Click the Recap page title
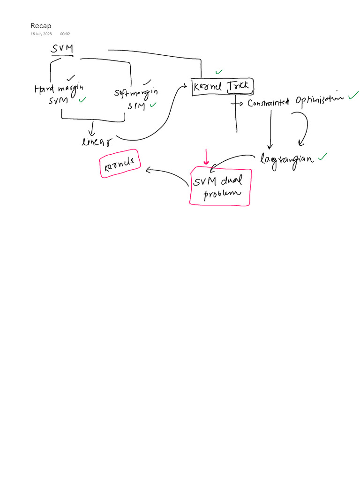[x=41, y=26]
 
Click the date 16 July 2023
[x=41, y=34]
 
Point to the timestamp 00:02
[x=65, y=34]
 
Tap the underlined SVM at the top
[x=62, y=49]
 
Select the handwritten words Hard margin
[x=59, y=88]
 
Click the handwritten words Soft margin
[x=136, y=92]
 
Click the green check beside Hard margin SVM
[x=82, y=100]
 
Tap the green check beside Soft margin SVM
[x=153, y=105]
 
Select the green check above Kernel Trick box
[x=219, y=72]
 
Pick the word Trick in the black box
[x=240, y=86]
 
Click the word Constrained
[x=268, y=103]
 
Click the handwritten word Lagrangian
[x=287, y=159]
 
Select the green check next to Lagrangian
[x=322, y=157]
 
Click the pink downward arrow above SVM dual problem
[x=205, y=157]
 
